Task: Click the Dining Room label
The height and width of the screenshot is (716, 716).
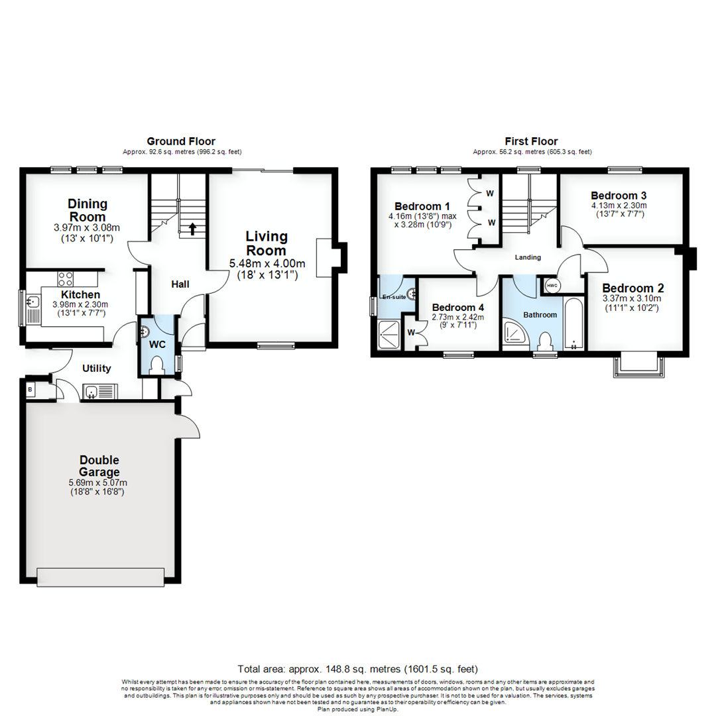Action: pos(88,210)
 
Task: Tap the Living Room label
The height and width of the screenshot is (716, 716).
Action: pos(267,243)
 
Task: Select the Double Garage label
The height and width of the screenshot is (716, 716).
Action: pos(99,466)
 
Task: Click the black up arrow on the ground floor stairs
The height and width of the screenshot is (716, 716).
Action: pos(192,229)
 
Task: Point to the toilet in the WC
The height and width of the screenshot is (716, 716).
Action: pos(157,365)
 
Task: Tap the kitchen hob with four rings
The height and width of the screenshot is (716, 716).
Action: pos(66,278)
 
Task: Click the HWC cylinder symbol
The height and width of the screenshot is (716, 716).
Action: pos(552,286)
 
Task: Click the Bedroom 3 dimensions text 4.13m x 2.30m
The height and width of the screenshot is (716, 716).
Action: pos(619,206)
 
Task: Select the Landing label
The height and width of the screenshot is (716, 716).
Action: pos(528,257)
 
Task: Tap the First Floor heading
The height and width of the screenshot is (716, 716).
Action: pos(532,141)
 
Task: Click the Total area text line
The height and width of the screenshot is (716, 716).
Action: pos(358,669)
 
